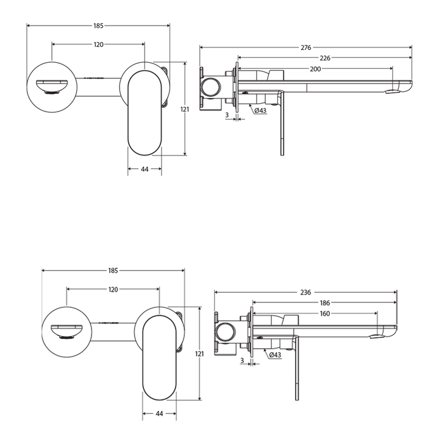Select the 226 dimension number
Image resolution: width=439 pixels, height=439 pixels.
click(325, 59)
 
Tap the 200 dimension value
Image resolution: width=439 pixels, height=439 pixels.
click(315, 69)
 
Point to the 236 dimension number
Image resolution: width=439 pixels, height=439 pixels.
click(306, 292)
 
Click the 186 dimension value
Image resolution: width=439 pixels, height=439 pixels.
click(325, 303)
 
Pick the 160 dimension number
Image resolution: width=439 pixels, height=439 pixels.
click(324, 313)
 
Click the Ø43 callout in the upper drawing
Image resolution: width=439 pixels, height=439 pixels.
click(260, 110)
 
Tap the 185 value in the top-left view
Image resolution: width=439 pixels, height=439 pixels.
click(99, 26)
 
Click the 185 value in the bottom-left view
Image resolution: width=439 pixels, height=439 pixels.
click(113, 270)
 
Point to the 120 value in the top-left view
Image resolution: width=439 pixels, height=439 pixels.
click(99, 45)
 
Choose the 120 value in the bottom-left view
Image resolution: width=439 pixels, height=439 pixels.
click(113, 290)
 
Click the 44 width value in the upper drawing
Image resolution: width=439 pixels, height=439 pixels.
click(145, 170)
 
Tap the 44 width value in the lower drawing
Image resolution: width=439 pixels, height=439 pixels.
click(159, 414)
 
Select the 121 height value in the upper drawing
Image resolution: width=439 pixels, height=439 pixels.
click(185, 109)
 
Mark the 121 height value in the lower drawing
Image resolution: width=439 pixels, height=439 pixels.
click(200, 354)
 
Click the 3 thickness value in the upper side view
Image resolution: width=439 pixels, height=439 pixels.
click(227, 115)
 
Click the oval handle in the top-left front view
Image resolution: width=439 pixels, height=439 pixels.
click(145, 113)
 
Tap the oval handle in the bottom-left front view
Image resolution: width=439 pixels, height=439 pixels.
click(159, 357)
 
